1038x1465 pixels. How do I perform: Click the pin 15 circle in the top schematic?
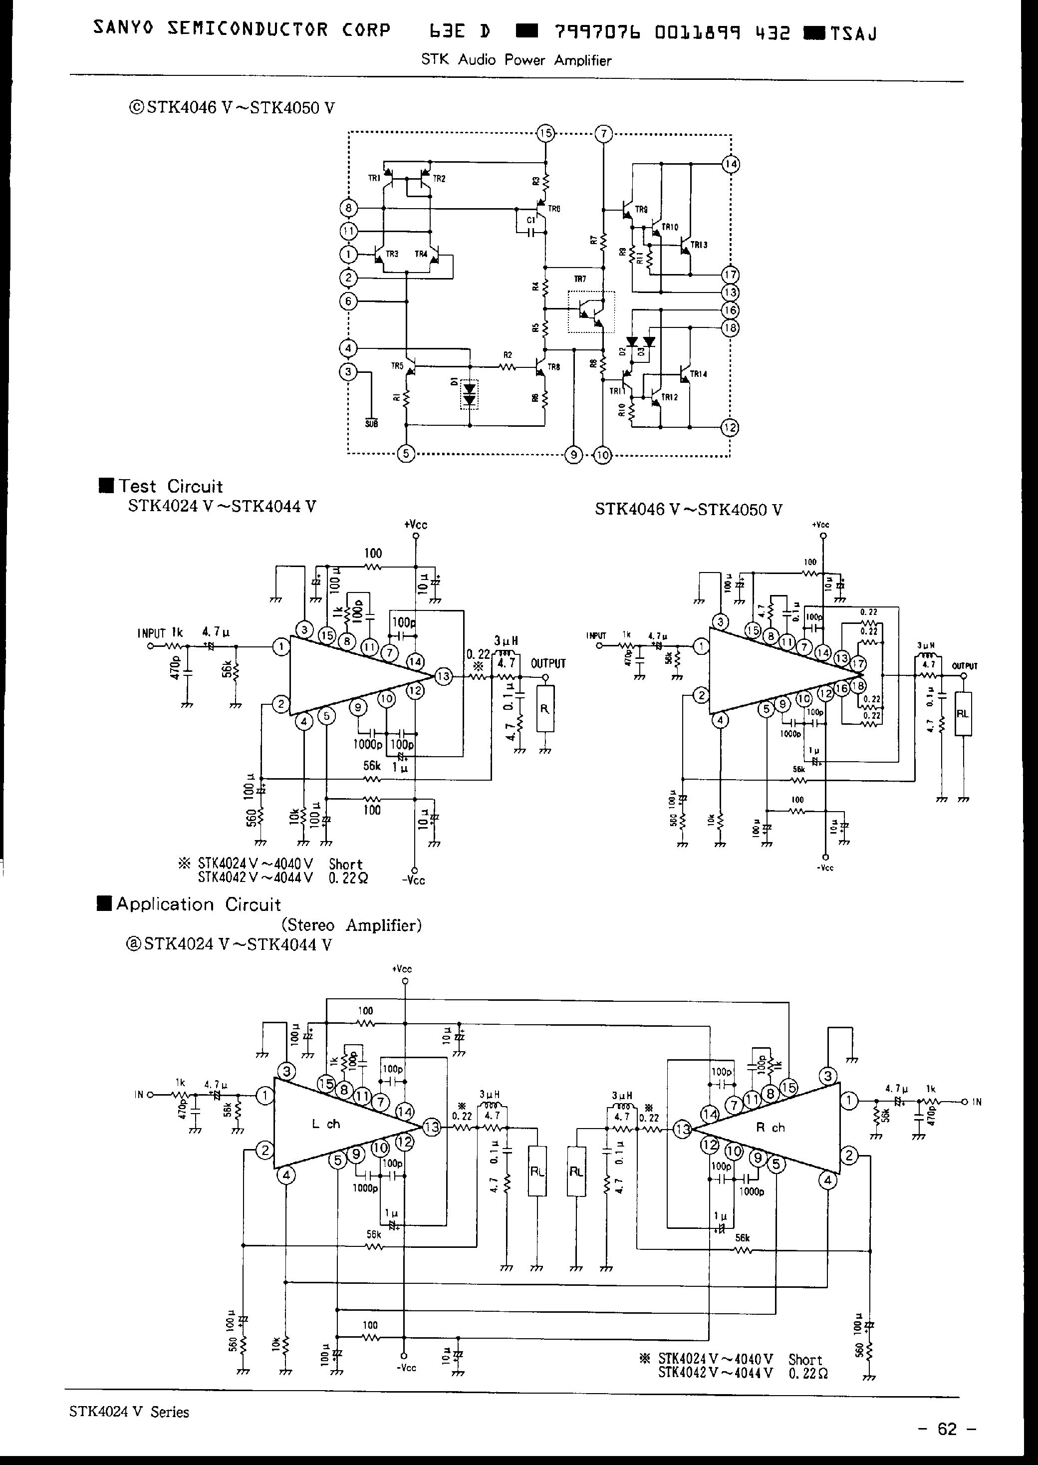point(545,134)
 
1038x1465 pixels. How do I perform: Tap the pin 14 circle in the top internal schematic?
point(731,164)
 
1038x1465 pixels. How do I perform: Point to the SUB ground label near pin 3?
point(371,423)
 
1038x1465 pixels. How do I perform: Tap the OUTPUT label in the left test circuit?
point(548,663)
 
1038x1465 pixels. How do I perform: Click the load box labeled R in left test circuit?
point(544,708)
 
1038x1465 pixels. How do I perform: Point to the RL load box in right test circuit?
point(963,713)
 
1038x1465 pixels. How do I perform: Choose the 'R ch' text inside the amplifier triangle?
point(770,1128)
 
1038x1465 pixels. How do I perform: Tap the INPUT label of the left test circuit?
point(152,633)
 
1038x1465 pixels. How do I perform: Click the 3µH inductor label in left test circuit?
point(506,640)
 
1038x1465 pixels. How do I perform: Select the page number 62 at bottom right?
point(947,1429)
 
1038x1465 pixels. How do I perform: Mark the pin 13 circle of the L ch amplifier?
point(432,1128)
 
